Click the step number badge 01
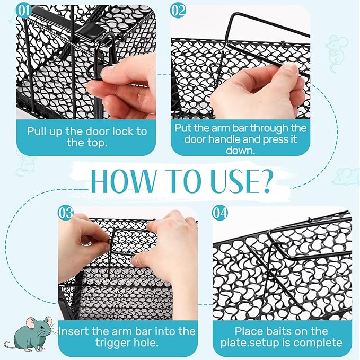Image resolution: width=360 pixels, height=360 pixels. [24, 11]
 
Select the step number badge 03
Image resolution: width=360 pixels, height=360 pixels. [66, 213]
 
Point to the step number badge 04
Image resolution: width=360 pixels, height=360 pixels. [220, 213]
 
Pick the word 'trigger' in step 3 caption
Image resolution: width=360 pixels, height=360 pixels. [111, 343]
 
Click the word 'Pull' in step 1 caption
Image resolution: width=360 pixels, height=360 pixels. [36, 131]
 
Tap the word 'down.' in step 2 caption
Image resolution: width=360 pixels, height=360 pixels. [240, 151]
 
